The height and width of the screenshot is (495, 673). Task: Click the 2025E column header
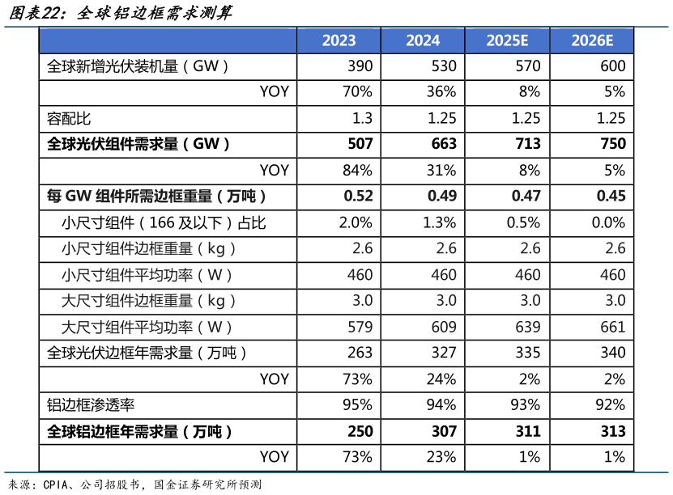[x=507, y=40]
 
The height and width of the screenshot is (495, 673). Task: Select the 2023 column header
[x=339, y=40]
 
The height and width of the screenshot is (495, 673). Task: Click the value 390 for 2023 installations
[x=360, y=66]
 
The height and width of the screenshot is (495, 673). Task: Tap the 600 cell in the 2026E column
[x=613, y=66]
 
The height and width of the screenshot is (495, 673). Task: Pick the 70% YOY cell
[x=357, y=92]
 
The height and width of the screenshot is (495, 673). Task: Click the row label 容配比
[x=69, y=118]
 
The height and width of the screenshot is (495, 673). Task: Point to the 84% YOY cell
[x=357, y=170]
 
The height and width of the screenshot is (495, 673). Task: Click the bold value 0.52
[x=358, y=196]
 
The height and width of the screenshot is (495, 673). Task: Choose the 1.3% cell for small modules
[x=439, y=222]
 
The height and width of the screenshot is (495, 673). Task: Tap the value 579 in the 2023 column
[x=360, y=327]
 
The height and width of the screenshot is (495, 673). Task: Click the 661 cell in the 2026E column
[x=613, y=327]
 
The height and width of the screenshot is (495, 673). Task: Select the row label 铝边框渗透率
[x=90, y=405]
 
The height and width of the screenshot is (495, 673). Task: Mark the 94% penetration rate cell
[x=441, y=405]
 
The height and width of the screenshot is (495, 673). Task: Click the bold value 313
[x=613, y=431]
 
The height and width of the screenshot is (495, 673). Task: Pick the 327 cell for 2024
[x=444, y=353]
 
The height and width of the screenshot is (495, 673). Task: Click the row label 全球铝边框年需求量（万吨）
[x=139, y=431]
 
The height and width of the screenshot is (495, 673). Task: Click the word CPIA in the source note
[x=54, y=484]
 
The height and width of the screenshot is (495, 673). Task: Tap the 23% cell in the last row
[x=441, y=457]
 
